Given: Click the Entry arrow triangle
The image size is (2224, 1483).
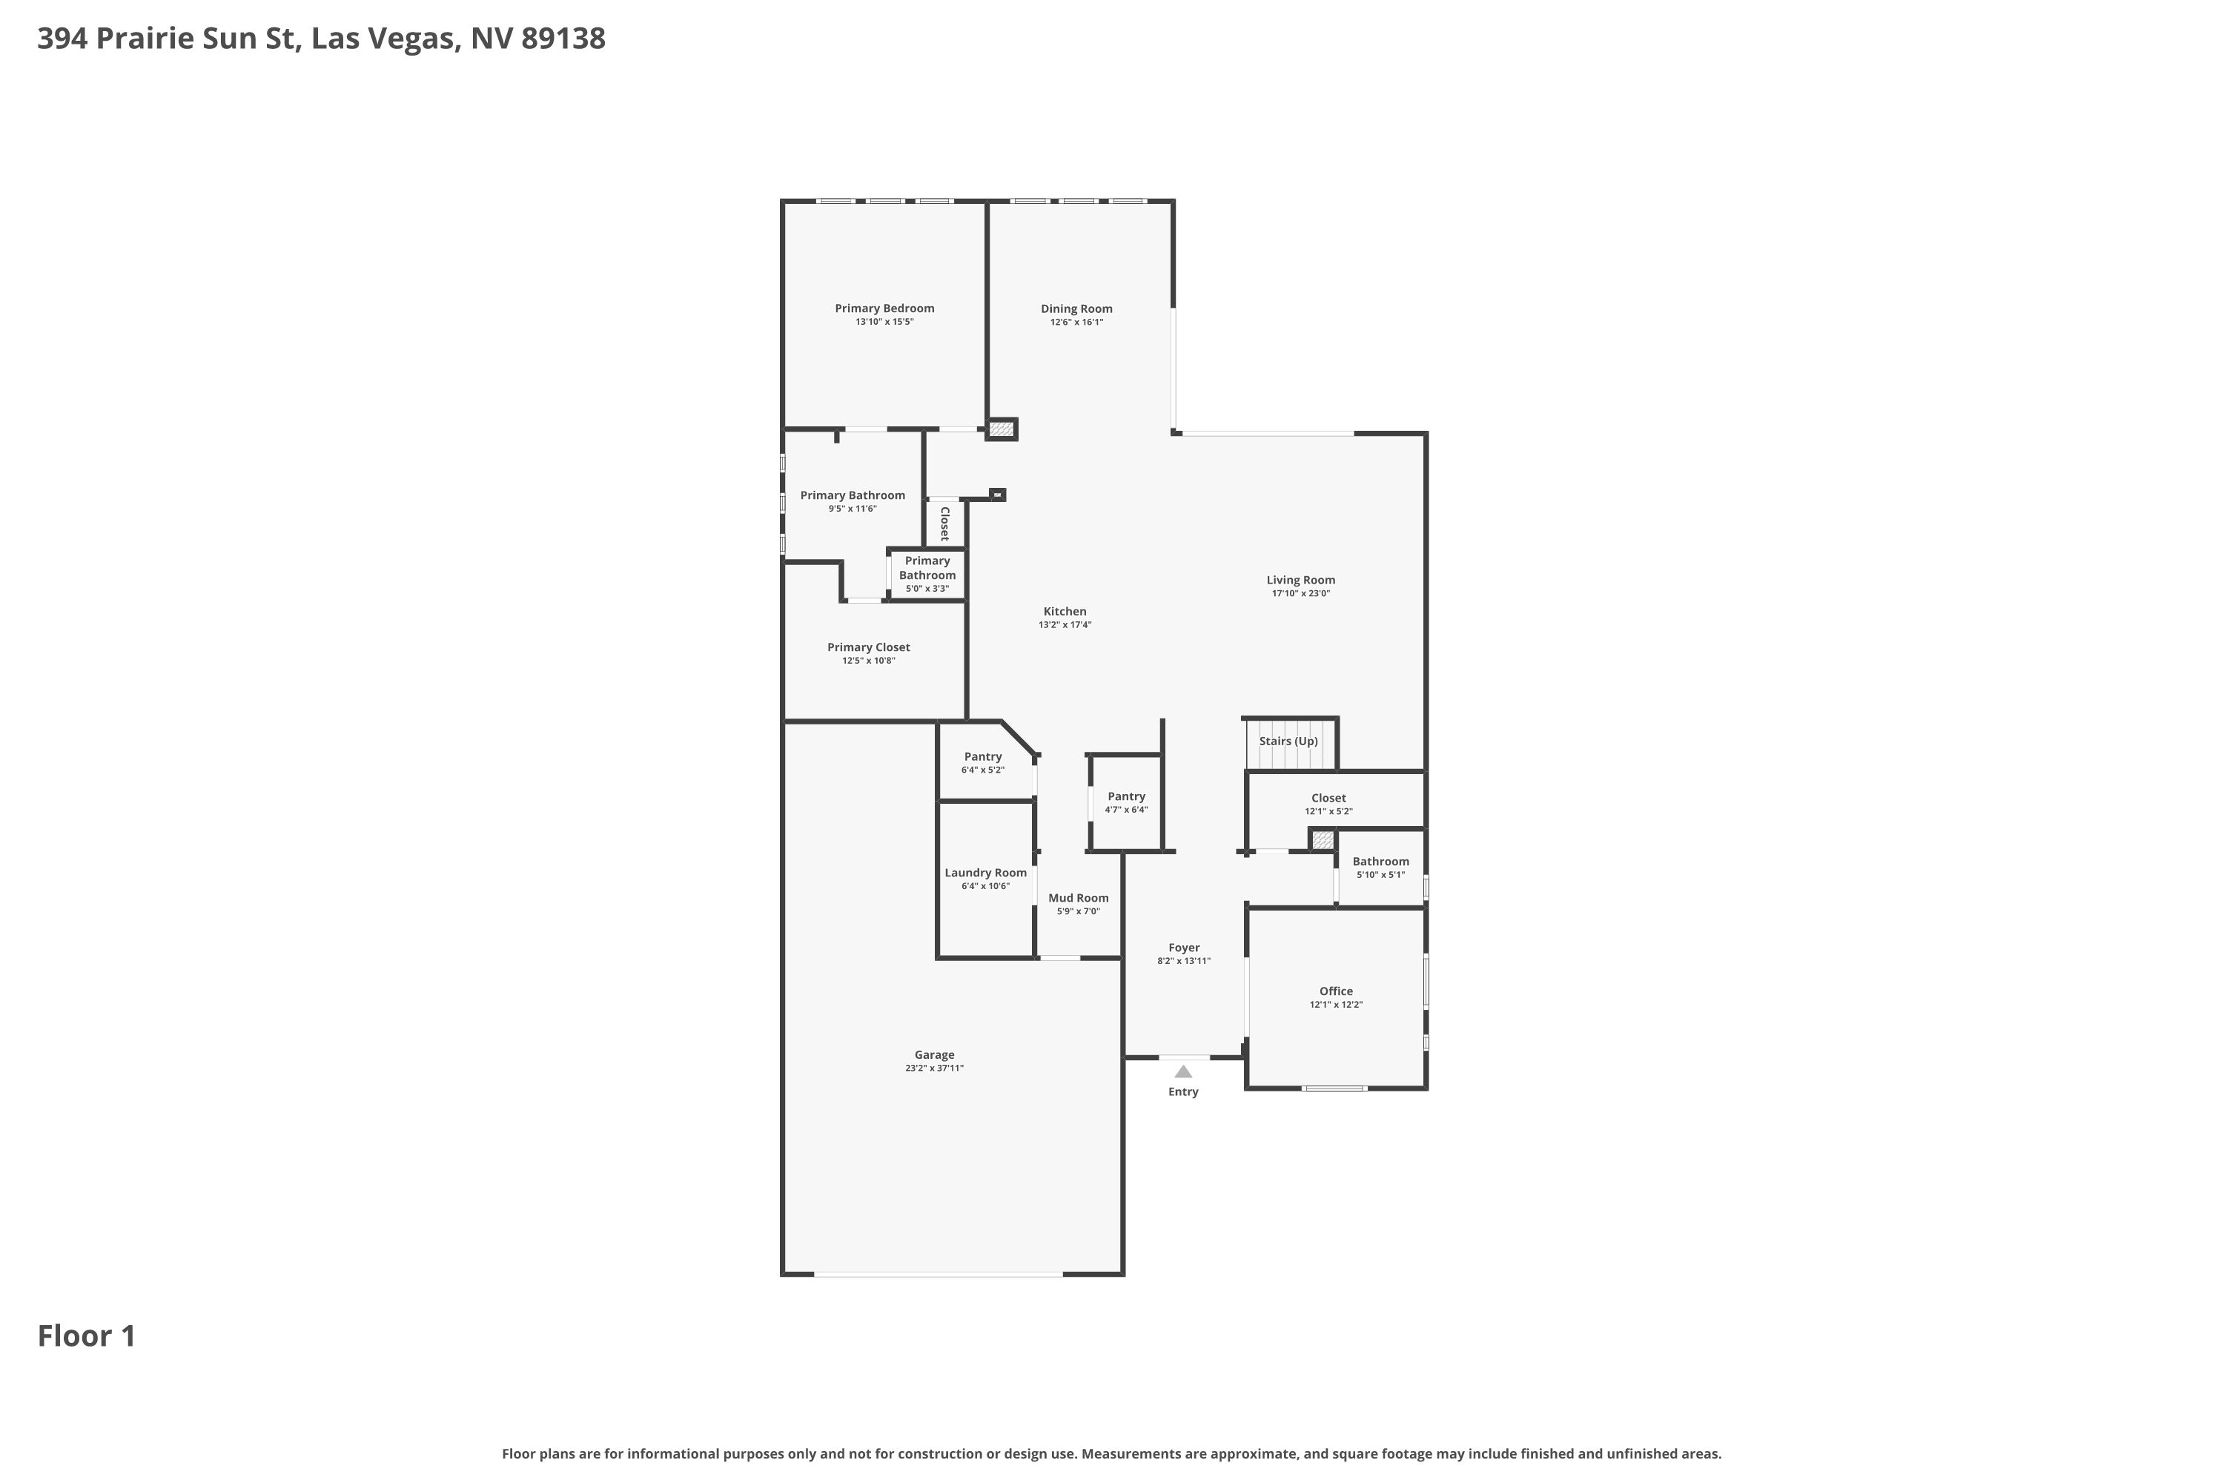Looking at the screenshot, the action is pos(1183,1071).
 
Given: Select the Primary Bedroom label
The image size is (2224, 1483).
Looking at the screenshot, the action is pos(884,308).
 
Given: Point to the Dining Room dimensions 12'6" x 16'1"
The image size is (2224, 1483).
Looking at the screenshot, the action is pos(1076,323).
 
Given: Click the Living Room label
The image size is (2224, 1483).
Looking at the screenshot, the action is pos(1300,580).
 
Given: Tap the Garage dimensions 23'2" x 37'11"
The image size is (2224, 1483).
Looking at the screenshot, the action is pos(934,1069).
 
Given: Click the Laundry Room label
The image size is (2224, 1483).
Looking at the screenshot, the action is pos(985,873).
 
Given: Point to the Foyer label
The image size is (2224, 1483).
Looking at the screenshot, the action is pos(1184,948).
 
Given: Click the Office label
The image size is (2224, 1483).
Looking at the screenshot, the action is pos(1336,991).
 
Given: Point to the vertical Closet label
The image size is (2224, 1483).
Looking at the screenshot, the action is pos(944,523).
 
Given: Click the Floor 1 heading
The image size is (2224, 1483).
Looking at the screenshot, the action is pos(87,1336).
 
